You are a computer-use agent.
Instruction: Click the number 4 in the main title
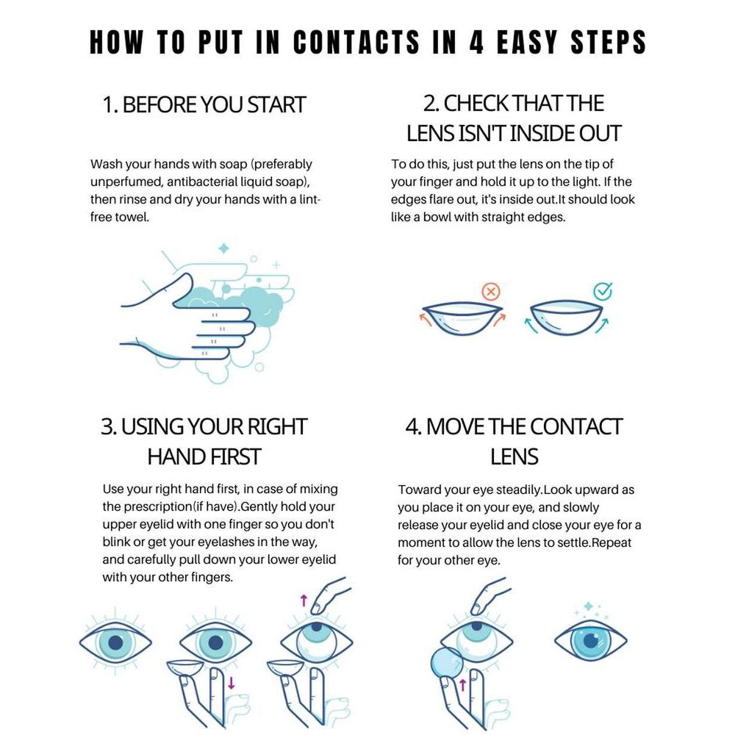point(476,42)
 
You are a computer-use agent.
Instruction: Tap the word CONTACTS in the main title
point(356,42)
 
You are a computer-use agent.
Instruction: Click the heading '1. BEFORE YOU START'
point(204,104)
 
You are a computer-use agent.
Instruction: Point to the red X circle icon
point(491,292)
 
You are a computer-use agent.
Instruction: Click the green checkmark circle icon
point(603,292)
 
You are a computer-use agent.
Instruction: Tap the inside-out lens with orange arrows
point(462,318)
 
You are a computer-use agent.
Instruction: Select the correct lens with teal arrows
point(566,318)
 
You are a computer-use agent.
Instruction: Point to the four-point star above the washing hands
point(224,248)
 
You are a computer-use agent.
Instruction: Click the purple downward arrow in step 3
point(231,683)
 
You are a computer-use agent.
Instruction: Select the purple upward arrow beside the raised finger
point(304,600)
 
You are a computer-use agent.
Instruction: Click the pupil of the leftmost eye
point(115,642)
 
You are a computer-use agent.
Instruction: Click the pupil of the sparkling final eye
point(592,640)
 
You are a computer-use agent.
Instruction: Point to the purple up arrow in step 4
point(462,685)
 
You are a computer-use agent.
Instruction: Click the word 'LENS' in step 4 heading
point(514,456)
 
